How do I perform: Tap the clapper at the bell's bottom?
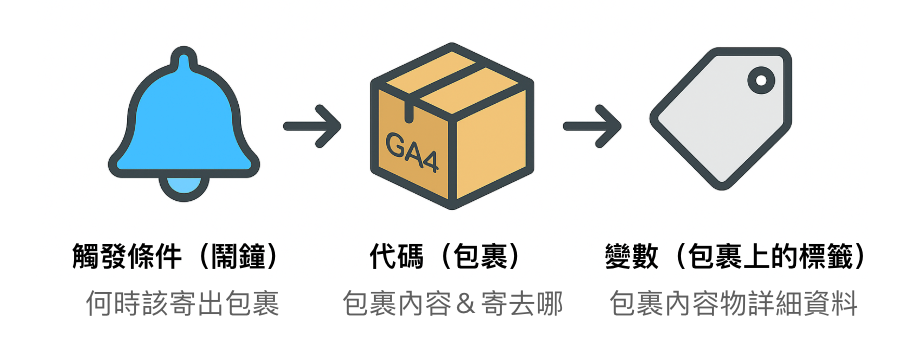point(185,186)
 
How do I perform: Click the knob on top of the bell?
point(185,62)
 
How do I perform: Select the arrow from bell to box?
point(312,127)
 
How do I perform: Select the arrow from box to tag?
point(592,127)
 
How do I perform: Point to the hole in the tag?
point(762,78)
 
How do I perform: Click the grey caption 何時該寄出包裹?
point(182,304)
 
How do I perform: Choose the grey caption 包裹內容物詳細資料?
point(734,304)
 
